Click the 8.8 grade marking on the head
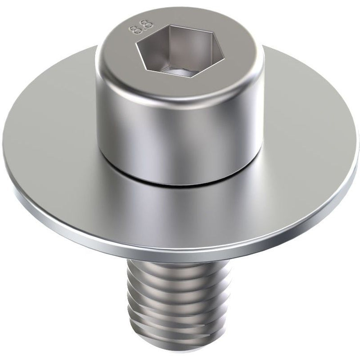pos(141,27)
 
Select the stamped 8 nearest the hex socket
pos(147,24)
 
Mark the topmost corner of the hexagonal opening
pos(170,26)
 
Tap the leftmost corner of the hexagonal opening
pos(136,42)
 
